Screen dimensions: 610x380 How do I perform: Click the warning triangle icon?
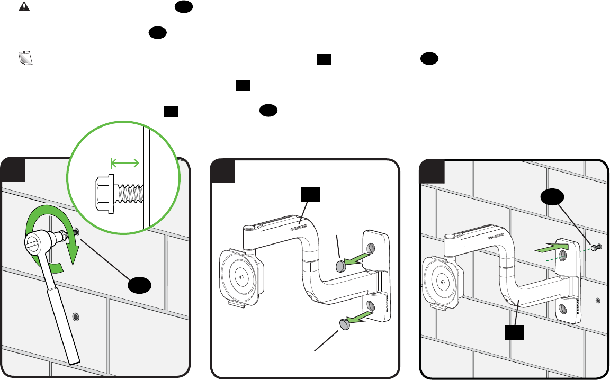[24, 6]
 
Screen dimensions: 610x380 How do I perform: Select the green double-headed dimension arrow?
[124, 163]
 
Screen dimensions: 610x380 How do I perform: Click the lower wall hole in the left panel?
[76, 317]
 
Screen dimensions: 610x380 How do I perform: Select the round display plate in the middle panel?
[241, 277]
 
